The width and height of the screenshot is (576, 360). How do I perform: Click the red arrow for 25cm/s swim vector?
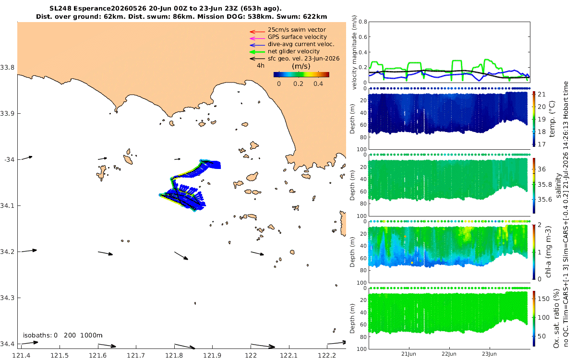pos(257,32)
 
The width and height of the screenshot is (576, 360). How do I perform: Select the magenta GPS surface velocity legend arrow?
pos(257,38)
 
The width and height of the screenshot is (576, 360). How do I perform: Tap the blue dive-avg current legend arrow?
pos(257,45)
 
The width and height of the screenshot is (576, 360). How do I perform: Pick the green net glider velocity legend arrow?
pos(257,52)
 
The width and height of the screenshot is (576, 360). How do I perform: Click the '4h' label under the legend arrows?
pos(261,66)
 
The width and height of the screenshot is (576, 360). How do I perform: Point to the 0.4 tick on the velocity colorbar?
pos(318,84)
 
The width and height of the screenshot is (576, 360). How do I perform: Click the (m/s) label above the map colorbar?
pos(301,66)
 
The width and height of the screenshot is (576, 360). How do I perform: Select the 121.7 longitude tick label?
pos(136,356)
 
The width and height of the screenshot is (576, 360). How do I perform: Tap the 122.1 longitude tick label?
pos(288,356)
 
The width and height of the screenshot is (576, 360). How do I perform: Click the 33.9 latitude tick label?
pos(7,113)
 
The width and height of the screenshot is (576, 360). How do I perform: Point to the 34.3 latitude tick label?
pos(7,298)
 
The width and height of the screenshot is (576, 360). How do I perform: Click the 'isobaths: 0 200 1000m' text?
pos(63,336)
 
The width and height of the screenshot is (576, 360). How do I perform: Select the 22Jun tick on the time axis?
pos(449,354)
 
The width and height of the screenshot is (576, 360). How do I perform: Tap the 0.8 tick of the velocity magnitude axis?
pos(363,22)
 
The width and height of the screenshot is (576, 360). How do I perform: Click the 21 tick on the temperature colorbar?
pos(541,95)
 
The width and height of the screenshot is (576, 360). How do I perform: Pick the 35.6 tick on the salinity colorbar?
pos(545,200)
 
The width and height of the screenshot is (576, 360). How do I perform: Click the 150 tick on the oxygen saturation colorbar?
pos(543,299)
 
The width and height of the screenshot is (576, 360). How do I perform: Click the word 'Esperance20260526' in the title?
pos(110,9)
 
